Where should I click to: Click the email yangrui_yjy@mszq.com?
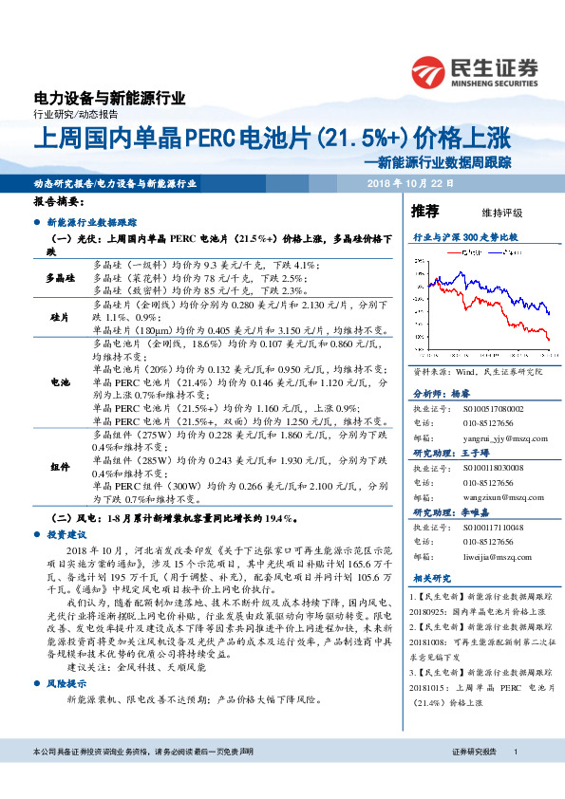tap(499, 439)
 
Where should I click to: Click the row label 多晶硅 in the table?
tap(61, 277)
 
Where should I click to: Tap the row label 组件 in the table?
tap(61, 466)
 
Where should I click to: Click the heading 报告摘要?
tap(58, 202)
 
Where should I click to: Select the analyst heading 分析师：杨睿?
tap(443, 392)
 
